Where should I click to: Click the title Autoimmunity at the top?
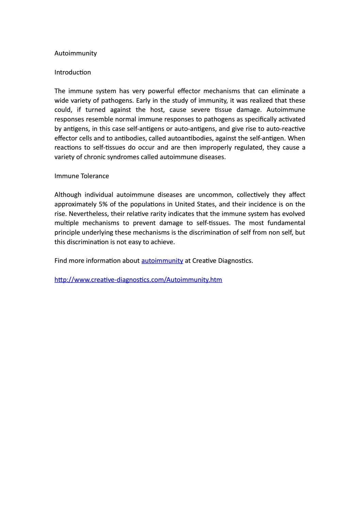(x=76, y=53)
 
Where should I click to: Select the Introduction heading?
(x=72, y=72)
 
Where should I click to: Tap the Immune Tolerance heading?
(x=82, y=176)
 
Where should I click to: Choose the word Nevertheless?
(x=88, y=214)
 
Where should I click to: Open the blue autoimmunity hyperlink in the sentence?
(x=162, y=261)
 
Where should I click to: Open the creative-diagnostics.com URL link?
(x=138, y=280)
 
